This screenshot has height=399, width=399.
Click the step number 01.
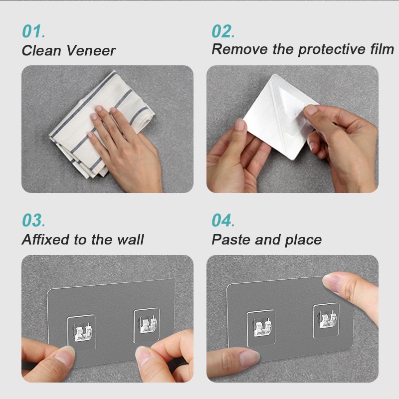(x=33, y=31)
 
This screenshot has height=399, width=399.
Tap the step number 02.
(x=223, y=31)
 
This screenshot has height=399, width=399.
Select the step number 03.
(x=33, y=220)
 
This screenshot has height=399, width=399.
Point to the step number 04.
(x=223, y=220)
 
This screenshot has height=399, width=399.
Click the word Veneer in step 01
(x=91, y=50)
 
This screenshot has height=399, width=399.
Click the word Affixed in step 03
(x=46, y=239)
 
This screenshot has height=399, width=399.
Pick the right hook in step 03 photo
(x=147, y=325)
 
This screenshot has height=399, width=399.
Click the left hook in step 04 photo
(x=262, y=327)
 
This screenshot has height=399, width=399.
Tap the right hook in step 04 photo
(x=328, y=320)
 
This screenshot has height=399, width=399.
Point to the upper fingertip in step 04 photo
(x=331, y=282)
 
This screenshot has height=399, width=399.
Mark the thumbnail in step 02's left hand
(x=240, y=124)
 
